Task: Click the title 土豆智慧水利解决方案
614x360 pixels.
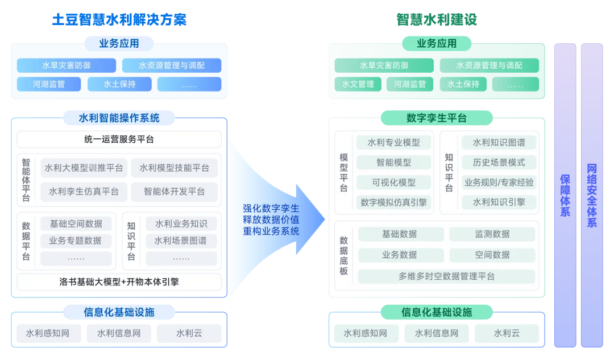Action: (x=119, y=20)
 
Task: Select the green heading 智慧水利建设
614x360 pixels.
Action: (x=436, y=20)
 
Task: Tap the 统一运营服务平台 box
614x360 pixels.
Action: (x=119, y=139)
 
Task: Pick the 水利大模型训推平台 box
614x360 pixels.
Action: (x=84, y=168)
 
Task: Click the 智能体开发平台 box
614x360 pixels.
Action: (x=174, y=191)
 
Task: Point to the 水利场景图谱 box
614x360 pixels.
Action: (x=181, y=241)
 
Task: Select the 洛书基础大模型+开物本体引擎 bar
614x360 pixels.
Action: (x=119, y=282)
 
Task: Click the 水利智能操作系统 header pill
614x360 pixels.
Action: (x=119, y=118)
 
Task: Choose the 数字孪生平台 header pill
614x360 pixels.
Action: (x=436, y=118)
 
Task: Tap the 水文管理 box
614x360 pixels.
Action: (x=358, y=84)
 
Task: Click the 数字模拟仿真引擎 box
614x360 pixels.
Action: (x=394, y=202)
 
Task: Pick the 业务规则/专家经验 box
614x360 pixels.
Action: (x=499, y=182)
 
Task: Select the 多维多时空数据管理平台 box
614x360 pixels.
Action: (x=446, y=276)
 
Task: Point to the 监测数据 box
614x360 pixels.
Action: (x=492, y=234)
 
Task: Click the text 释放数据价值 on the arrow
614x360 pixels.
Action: (x=271, y=220)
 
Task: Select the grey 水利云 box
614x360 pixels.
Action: (x=189, y=333)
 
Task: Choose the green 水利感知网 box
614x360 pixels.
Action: (x=365, y=333)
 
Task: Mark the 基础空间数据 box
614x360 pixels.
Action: (x=76, y=224)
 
